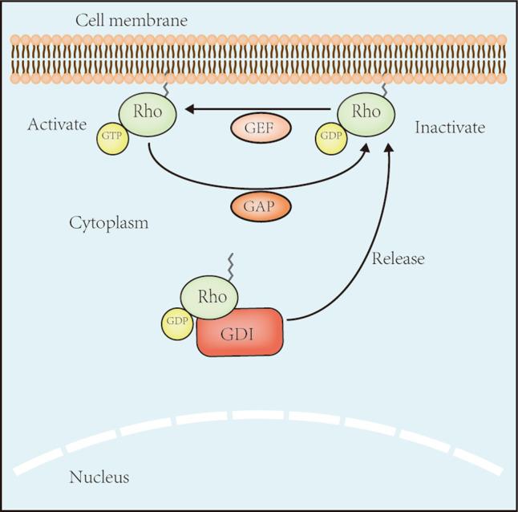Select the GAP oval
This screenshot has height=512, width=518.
[x=261, y=206]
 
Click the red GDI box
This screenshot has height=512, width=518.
[x=240, y=332]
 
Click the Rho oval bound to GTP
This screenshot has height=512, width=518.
[x=148, y=112]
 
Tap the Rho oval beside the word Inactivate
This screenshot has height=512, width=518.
[x=365, y=112]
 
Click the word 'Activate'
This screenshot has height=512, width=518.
[x=56, y=125]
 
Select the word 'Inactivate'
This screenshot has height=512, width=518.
[x=450, y=127]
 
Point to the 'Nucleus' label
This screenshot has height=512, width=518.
[x=99, y=478]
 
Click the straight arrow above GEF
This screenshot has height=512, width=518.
[x=257, y=106]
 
